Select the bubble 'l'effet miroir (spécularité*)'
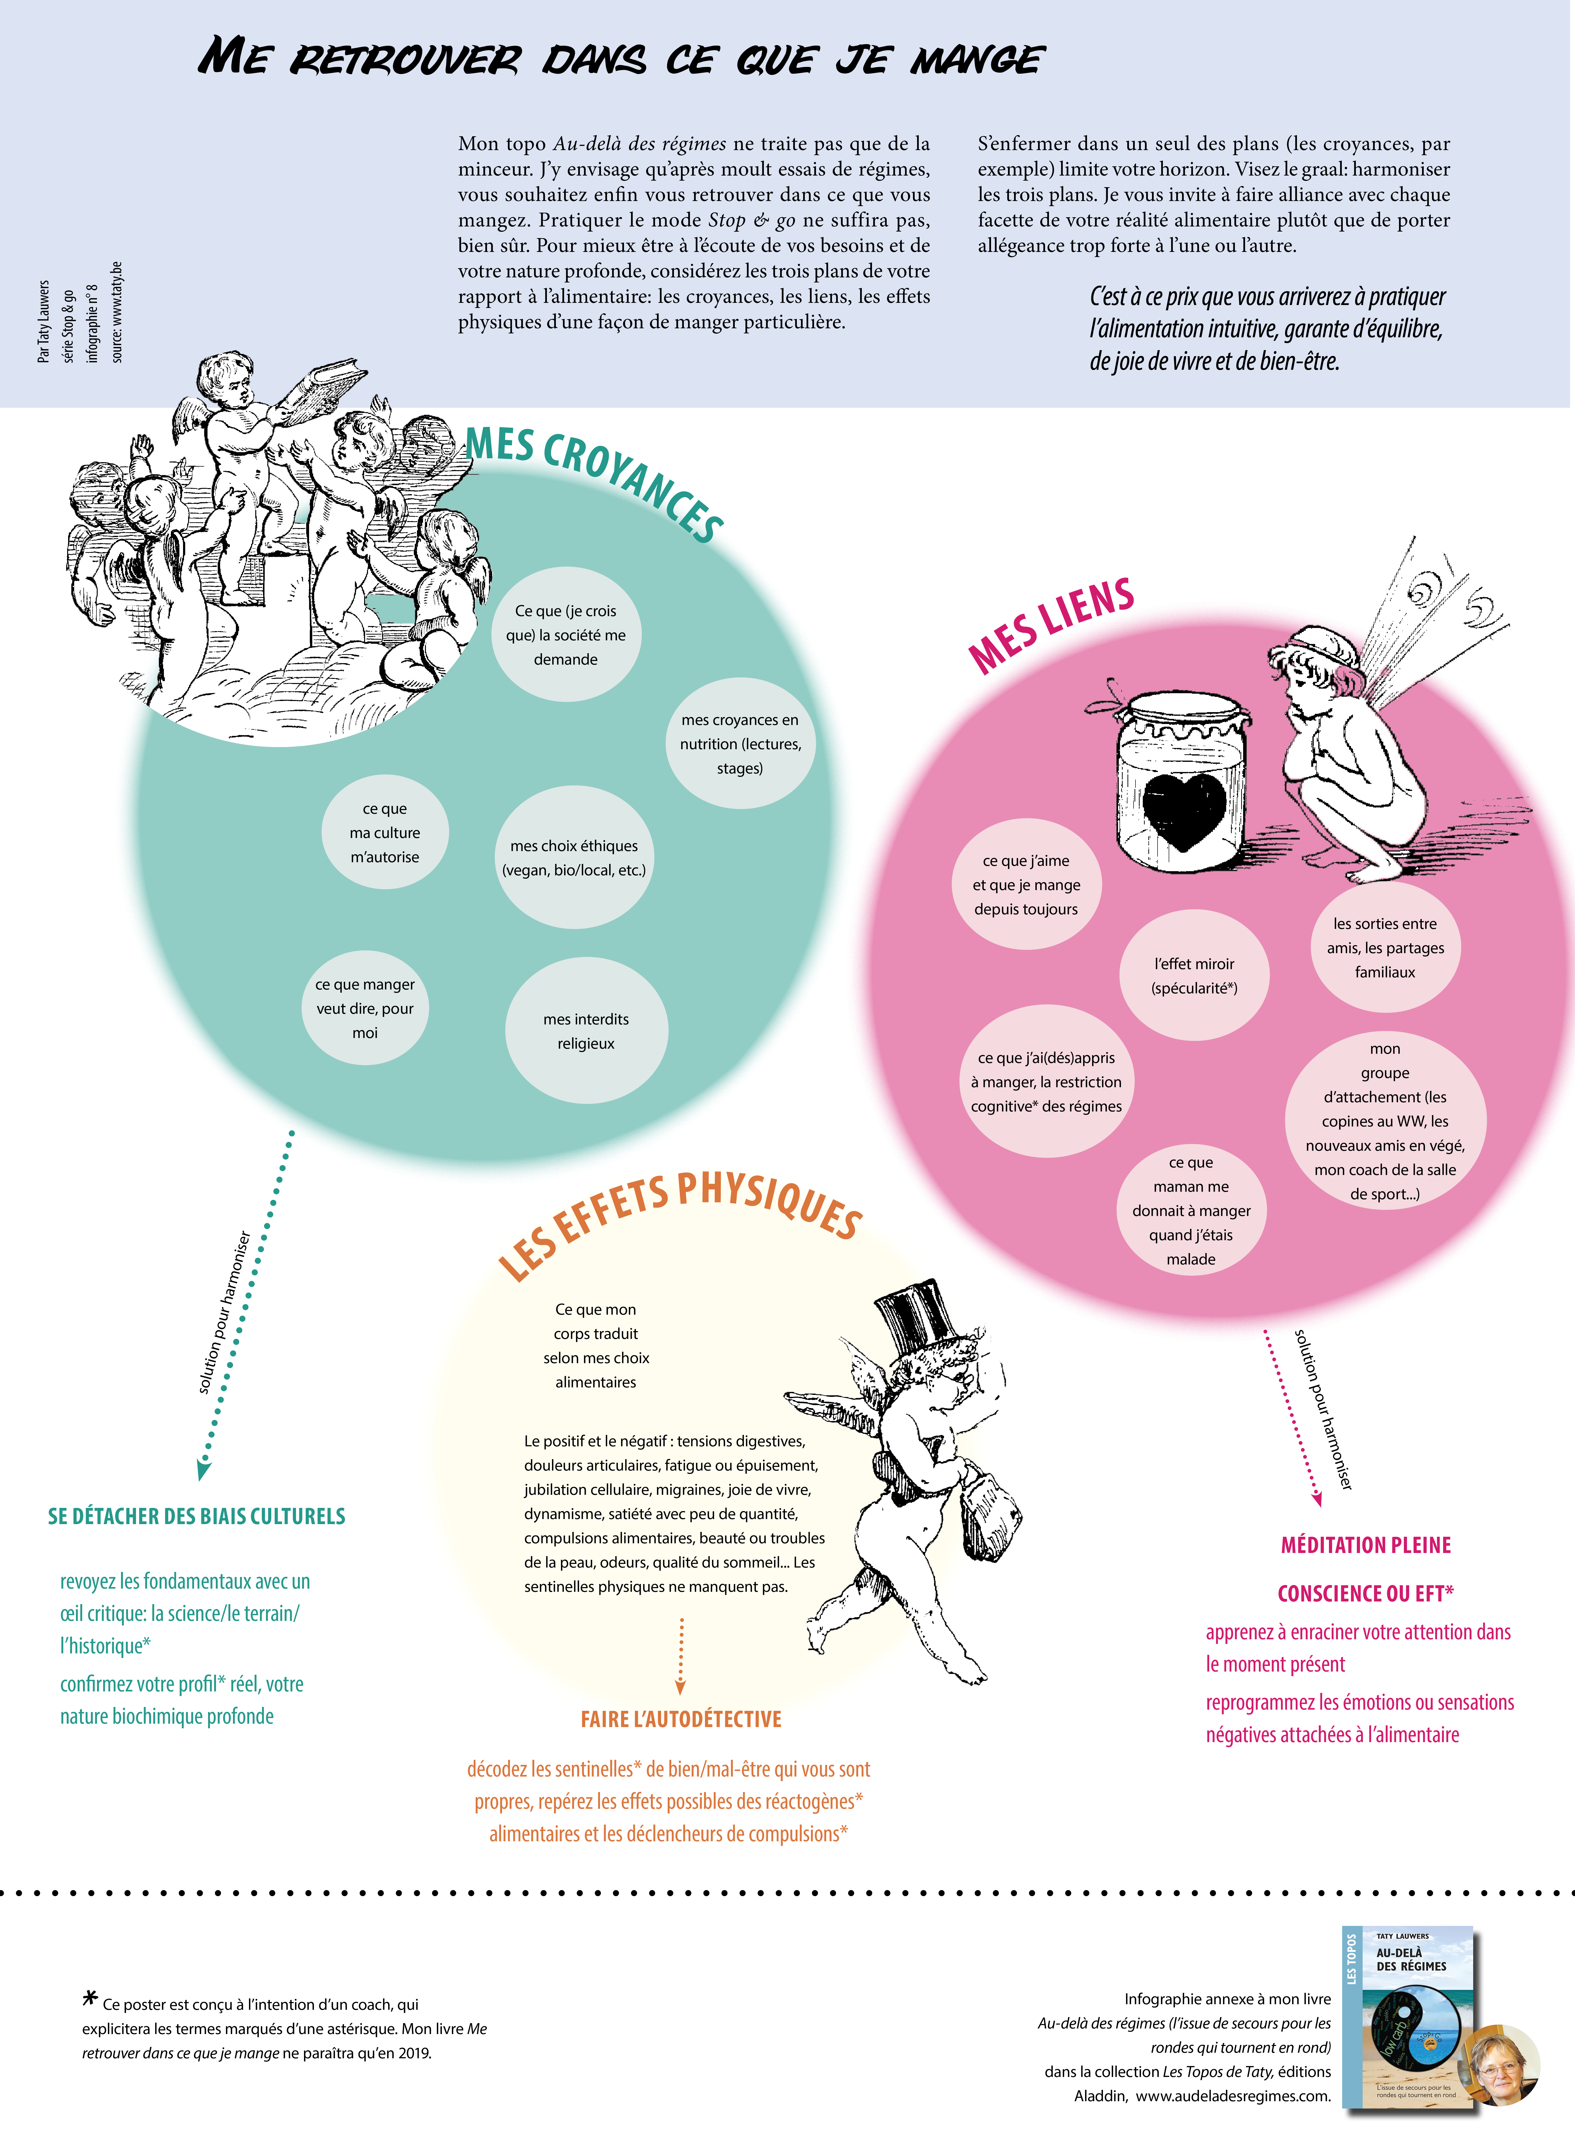click(x=1194, y=975)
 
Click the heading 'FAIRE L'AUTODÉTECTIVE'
click(x=681, y=1719)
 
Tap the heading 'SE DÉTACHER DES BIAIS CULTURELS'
click(x=196, y=1516)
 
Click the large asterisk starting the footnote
click(x=91, y=1997)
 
